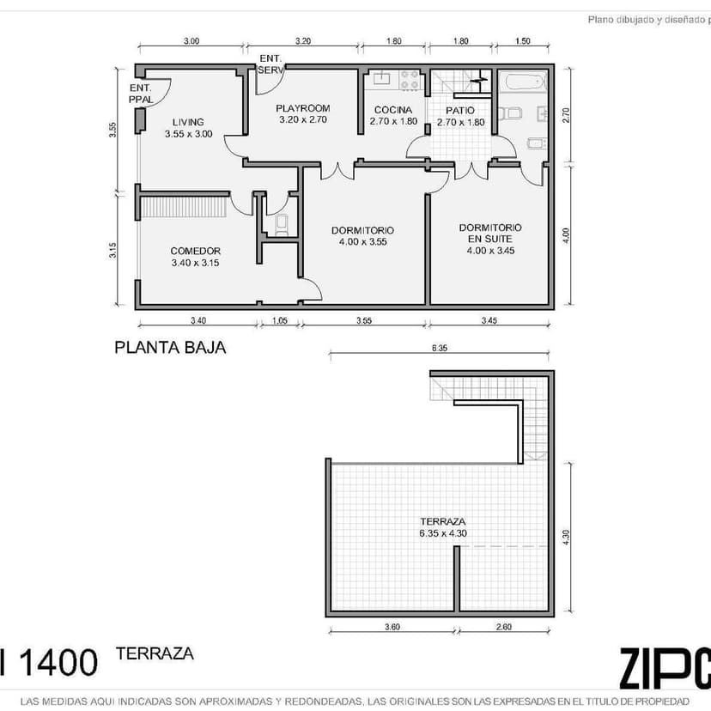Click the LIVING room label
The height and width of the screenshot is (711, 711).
188,122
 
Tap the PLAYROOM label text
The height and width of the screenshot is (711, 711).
302,108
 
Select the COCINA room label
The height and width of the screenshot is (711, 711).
393,110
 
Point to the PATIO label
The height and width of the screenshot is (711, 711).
460,111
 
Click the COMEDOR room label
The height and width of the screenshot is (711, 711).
195,252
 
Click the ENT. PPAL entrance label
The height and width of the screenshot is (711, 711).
141,94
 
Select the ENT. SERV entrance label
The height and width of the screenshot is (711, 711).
270,63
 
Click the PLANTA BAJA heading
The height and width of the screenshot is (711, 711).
170,348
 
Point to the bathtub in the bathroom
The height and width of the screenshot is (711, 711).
523,83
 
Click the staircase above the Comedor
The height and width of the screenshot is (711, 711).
184,207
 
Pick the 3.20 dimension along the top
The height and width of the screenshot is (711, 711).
302,41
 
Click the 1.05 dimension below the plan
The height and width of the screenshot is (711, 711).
279,321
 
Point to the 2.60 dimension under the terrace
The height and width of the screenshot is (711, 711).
504,628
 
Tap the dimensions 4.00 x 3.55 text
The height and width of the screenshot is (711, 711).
362,242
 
